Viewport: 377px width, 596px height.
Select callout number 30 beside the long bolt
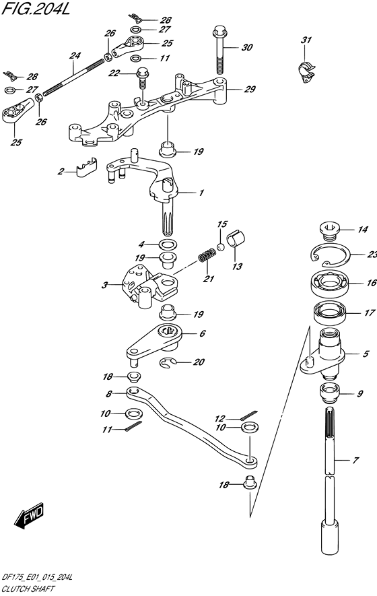click(246, 48)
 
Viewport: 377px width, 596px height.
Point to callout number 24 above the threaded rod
click(75, 56)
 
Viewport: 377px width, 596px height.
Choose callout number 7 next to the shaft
click(356, 461)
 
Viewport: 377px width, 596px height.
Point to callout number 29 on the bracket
click(250, 89)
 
